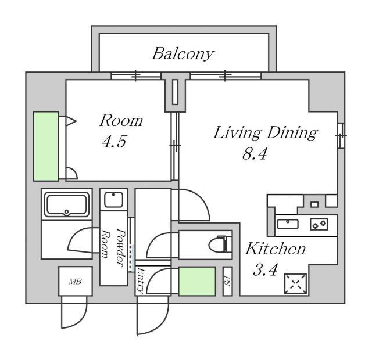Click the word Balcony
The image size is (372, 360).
pos(183,54)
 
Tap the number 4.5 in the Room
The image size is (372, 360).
pos(115,142)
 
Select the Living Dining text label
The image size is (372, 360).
pos(266,133)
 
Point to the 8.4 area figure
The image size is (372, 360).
pos(255,153)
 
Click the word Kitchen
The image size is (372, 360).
pos(276,249)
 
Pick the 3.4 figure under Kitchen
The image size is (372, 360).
pos(265,269)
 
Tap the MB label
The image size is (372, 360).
pos(76,281)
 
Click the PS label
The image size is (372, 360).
pos(227,282)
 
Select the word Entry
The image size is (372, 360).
pos(141,280)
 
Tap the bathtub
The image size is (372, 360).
pos(66,205)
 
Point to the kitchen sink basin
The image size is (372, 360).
pos(288,224)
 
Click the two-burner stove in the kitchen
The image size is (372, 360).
pos(319,224)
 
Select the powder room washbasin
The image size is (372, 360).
pos(114,200)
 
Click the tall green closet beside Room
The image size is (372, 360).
pos(46,146)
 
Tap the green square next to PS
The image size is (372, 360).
pos(197,281)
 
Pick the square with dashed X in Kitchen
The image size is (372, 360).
pos(295,283)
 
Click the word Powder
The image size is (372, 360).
pos(121,248)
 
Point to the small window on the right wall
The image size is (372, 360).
pos(341,135)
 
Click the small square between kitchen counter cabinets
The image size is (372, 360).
pos(314,204)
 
